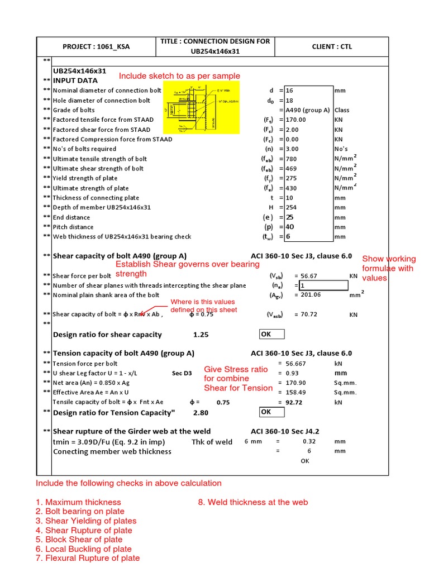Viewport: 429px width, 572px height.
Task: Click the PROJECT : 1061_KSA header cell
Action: tap(97, 46)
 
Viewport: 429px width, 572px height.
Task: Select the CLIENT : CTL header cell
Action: tap(332, 46)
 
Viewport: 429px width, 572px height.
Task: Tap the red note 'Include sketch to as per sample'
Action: tap(179, 76)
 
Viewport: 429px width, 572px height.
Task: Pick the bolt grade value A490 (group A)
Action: tap(307, 110)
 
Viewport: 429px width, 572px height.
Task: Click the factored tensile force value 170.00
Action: tap(296, 120)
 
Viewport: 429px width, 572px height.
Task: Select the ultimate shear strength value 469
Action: tap(291, 168)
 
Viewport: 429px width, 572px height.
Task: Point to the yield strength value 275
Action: tap(291, 178)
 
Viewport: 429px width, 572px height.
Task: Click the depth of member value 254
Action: tap(291, 207)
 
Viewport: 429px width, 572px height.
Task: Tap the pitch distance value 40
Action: tap(290, 227)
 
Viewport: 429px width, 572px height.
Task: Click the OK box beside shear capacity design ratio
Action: tap(271, 334)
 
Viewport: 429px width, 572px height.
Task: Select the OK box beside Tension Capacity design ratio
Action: tap(271, 412)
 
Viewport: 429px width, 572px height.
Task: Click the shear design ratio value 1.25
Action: tap(201, 335)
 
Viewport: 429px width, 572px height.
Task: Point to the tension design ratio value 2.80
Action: tap(201, 412)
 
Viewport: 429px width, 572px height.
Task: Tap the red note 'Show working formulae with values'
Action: tap(389, 268)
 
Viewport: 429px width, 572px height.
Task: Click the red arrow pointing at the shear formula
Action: tap(147, 312)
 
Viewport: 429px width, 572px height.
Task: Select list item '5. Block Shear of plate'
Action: tap(79, 540)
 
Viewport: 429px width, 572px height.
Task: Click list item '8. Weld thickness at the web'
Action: tap(252, 502)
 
